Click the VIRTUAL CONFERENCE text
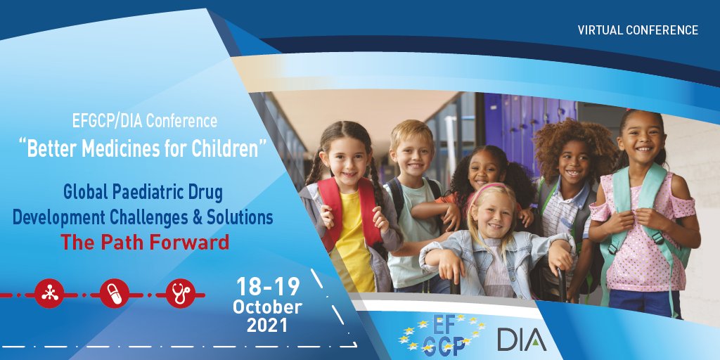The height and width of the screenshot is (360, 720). (x=638, y=30)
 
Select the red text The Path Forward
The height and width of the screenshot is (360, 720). (x=145, y=243)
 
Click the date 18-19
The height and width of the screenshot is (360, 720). (x=268, y=287)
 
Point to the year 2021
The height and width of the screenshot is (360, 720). (x=267, y=326)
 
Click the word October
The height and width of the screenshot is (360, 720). (x=267, y=307)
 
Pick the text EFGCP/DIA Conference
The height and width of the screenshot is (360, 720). (x=144, y=121)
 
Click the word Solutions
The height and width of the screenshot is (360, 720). (x=238, y=217)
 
